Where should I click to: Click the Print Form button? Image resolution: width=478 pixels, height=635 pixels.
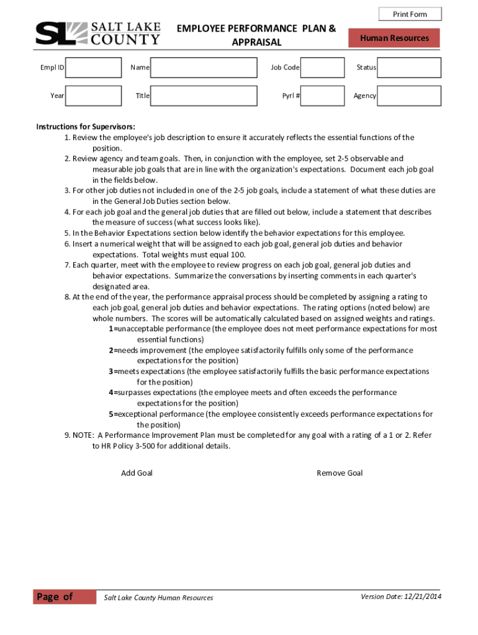click(x=410, y=14)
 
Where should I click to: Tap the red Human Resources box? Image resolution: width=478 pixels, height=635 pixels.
click(x=394, y=38)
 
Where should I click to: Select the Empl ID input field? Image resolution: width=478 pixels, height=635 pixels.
click(x=93, y=67)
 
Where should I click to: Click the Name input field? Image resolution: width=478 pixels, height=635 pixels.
click(x=204, y=67)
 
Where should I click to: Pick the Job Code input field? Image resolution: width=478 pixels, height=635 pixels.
click(x=322, y=67)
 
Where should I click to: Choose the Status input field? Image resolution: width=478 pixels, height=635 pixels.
click(x=409, y=67)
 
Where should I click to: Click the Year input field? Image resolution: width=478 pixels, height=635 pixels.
click(x=93, y=96)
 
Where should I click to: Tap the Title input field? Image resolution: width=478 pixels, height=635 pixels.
click(x=204, y=96)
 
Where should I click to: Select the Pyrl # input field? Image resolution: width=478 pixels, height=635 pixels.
click(x=322, y=96)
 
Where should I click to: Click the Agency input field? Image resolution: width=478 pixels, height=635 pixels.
click(x=409, y=96)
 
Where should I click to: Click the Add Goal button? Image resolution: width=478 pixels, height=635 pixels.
click(x=137, y=473)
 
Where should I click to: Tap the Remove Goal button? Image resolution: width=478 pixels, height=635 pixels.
click(x=340, y=473)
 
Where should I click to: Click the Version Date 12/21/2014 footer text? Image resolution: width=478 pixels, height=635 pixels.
click(x=400, y=597)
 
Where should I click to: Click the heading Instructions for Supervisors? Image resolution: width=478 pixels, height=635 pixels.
click(x=86, y=127)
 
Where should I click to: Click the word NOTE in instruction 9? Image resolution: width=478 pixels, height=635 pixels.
click(x=84, y=435)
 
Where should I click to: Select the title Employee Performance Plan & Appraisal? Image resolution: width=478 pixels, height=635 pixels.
click(x=256, y=35)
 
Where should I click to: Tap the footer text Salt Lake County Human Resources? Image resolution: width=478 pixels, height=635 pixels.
click(x=158, y=598)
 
